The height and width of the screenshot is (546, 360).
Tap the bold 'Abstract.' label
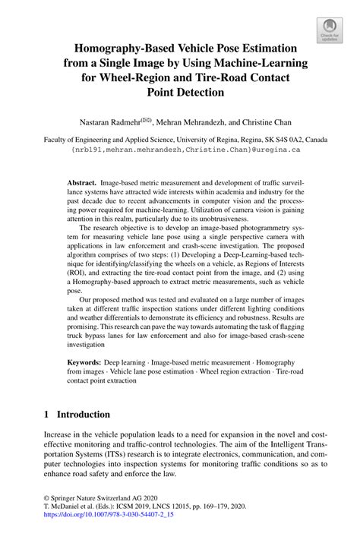(82, 184)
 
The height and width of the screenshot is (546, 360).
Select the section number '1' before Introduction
(47, 415)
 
